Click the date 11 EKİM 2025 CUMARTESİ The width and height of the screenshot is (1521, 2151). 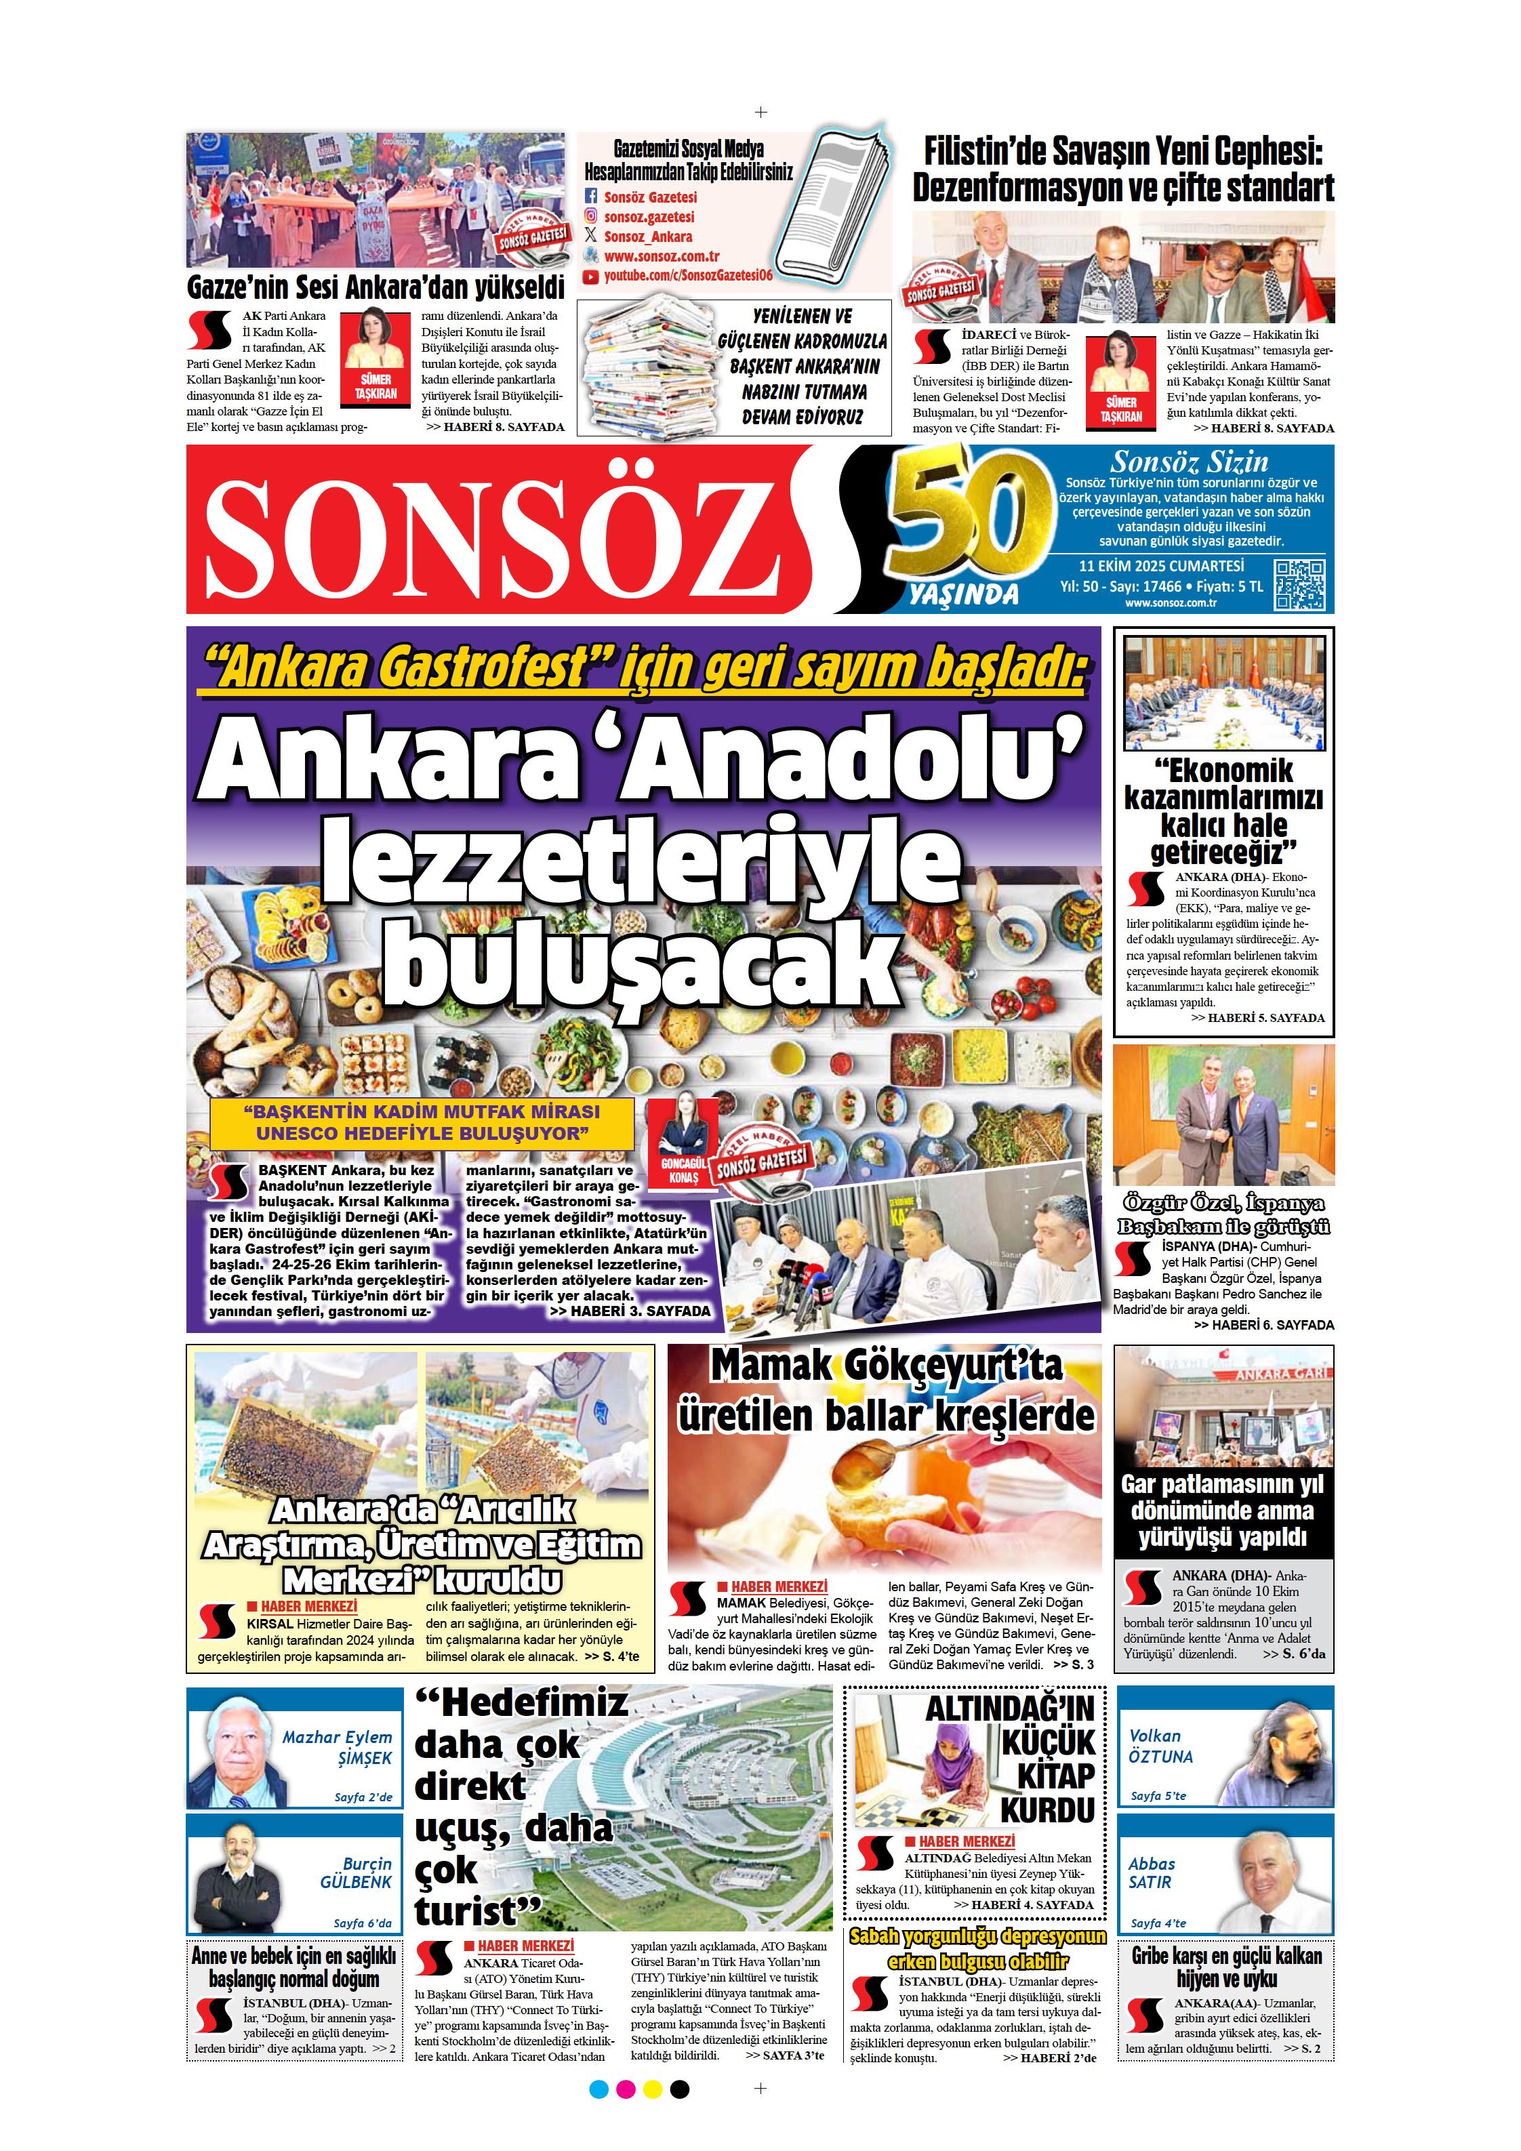pos(1161,566)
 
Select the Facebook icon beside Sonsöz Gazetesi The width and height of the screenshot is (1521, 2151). pos(590,197)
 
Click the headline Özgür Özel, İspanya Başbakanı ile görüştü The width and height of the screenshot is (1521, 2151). pos(1223,1215)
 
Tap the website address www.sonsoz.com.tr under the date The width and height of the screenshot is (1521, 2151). pos(1171,602)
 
